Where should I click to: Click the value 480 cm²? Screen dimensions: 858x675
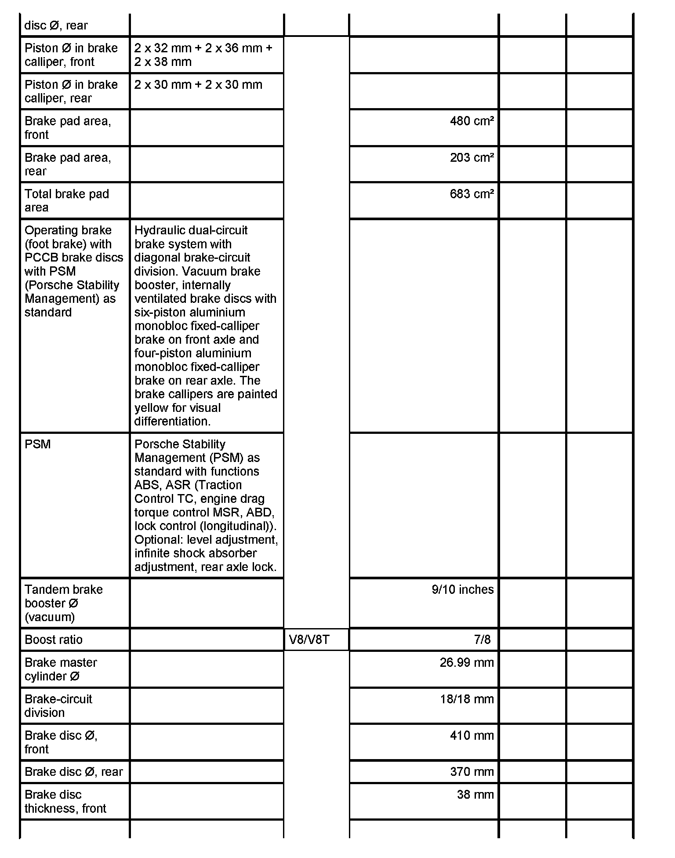tap(472, 121)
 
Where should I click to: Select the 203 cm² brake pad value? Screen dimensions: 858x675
tap(472, 158)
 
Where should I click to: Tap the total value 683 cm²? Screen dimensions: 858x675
tap(472, 194)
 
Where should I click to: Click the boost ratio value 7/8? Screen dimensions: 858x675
tap(482, 640)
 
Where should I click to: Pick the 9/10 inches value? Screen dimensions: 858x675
tap(462, 589)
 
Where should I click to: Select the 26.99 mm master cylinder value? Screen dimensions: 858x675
tap(466, 662)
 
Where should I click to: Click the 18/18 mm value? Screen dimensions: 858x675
tap(467, 699)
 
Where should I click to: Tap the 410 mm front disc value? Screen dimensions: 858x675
tap(472, 735)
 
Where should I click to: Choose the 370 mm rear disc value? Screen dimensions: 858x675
tap(472, 772)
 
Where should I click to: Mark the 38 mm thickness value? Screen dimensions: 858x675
tap(475, 795)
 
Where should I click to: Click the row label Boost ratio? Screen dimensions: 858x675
tap(54, 640)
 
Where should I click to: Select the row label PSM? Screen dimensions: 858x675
tap(38, 444)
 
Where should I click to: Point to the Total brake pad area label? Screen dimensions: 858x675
tap(67, 201)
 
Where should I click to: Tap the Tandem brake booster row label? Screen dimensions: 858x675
tap(63, 603)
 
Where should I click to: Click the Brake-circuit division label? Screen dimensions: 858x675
tap(58, 705)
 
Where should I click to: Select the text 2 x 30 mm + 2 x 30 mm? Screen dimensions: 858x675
tap(198, 85)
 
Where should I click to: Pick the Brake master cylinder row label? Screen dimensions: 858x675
tap(61, 669)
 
